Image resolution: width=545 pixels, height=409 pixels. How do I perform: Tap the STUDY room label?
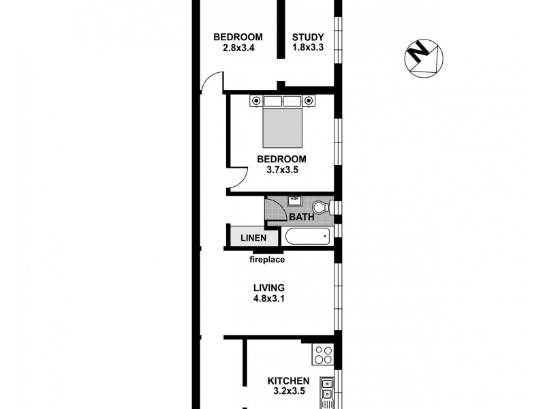(308, 37)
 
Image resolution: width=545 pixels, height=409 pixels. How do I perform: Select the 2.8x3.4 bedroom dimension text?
(238, 48)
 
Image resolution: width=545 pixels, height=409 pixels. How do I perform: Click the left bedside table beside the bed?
(256, 101)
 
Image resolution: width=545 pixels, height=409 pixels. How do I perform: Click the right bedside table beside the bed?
(309, 101)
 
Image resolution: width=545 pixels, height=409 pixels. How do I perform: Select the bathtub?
(307, 237)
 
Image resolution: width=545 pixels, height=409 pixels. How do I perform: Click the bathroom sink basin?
(295, 200)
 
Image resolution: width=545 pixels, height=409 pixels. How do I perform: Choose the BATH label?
(301, 217)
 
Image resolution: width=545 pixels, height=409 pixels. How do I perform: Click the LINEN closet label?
(253, 238)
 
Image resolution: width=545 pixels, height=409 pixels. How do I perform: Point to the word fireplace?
(266, 260)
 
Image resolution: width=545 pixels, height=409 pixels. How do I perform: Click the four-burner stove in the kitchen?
(322, 354)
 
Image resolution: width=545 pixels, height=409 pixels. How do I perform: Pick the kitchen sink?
(327, 389)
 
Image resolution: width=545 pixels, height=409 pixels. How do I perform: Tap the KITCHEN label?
(288, 381)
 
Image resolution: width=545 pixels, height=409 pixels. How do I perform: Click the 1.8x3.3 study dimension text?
(308, 48)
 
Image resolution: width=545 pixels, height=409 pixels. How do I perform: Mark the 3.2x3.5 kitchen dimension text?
(288, 392)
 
